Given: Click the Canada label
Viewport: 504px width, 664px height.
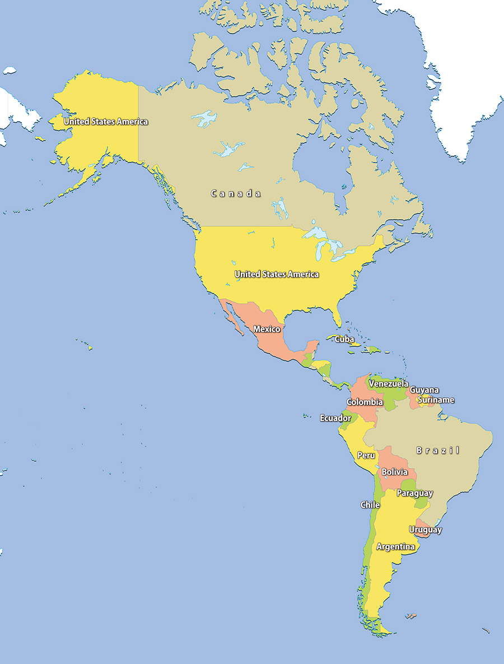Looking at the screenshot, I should tap(235, 193).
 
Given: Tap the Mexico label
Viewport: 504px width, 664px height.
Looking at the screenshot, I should tap(267, 329).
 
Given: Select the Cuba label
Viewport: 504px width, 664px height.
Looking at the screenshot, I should tap(344, 340).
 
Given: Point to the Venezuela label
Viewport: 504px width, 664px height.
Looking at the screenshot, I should tap(388, 384).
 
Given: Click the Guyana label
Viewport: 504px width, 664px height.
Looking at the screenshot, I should tap(424, 390).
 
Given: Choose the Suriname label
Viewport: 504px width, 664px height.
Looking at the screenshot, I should tap(436, 400).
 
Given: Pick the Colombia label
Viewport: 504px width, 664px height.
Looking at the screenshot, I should tap(365, 402).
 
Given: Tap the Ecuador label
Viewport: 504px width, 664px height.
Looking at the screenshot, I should tap(335, 418).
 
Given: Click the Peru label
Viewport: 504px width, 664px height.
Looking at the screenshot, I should tap(366, 456).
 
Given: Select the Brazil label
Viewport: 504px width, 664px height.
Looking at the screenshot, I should tap(437, 450).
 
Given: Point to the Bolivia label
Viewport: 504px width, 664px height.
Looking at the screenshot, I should tap(394, 472).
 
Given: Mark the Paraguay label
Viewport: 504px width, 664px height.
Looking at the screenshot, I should tap(414, 494).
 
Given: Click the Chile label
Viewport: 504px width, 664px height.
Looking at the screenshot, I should tap(370, 505).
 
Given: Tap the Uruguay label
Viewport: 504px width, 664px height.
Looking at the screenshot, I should tap(425, 530).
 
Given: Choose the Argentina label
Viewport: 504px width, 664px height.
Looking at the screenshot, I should tap(395, 546).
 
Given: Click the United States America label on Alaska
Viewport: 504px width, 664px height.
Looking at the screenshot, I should tap(106, 121).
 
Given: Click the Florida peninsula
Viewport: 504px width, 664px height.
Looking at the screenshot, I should tap(337, 317).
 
